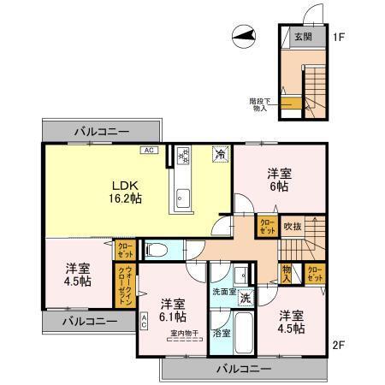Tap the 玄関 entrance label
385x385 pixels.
pos(304,37)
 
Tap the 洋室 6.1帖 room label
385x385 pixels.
pos(172,309)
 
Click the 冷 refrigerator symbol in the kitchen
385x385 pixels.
pos(219,156)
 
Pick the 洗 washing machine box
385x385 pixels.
pos(245,299)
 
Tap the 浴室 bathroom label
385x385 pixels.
pos(221,332)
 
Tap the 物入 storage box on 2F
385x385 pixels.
pos(286,273)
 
